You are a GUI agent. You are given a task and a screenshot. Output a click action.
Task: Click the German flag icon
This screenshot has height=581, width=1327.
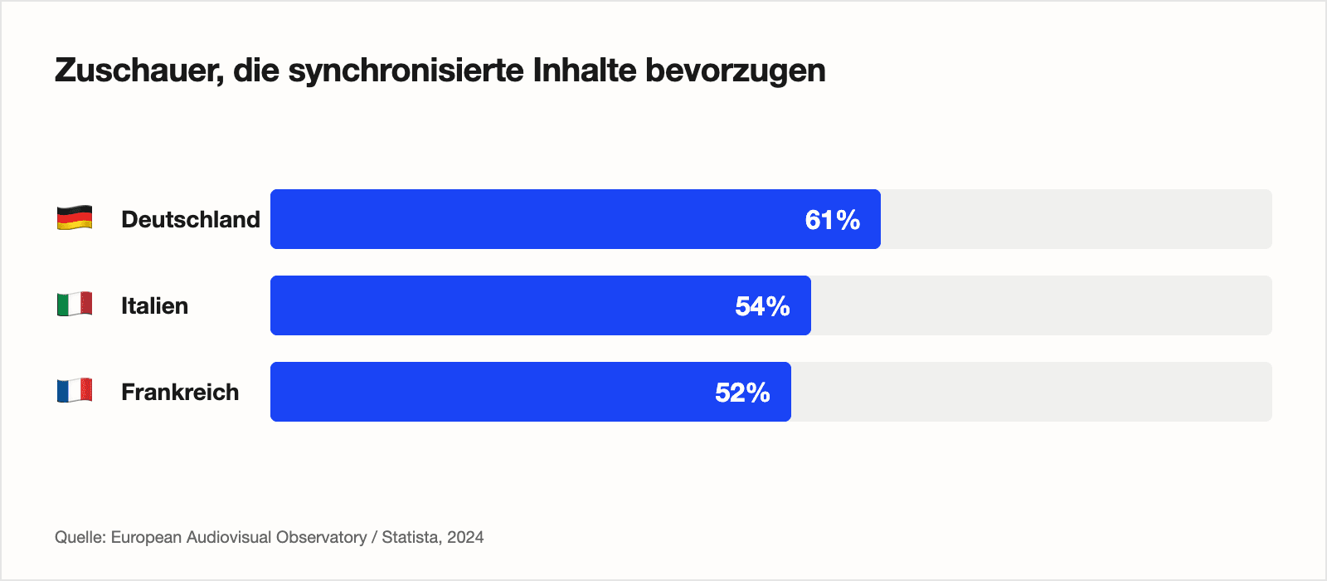(x=75, y=219)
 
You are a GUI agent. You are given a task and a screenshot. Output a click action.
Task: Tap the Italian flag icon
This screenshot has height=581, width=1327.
(x=75, y=305)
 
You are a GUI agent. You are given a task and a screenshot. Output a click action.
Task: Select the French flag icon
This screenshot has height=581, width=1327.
(x=75, y=391)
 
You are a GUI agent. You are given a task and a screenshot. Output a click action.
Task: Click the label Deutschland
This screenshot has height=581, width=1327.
(x=190, y=219)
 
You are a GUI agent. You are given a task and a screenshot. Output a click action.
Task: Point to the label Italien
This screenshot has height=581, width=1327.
(x=154, y=305)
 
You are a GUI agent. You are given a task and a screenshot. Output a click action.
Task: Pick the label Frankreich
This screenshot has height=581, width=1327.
(x=180, y=392)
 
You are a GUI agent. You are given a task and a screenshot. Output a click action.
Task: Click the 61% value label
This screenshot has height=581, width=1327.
(x=832, y=220)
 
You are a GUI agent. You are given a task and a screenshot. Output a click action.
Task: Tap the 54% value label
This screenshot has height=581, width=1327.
(x=762, y=306)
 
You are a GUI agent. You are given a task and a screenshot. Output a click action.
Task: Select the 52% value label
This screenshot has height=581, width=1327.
(x=742, y=393)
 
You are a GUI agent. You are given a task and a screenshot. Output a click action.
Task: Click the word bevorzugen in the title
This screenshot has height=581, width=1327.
(x=735, y=71)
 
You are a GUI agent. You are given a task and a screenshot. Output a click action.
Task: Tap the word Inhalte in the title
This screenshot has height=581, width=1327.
(x=586, y=71)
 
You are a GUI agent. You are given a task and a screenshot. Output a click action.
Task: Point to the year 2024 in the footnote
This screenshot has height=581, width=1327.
(x=465, y=537)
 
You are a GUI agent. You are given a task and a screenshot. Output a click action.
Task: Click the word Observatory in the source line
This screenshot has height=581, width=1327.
(x=321, y=537)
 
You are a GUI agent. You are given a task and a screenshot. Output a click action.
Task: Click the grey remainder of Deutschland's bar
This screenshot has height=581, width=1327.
(x=1076, y=219)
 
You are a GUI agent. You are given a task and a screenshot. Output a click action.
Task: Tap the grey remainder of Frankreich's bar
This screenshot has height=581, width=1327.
(x=1031, y=392)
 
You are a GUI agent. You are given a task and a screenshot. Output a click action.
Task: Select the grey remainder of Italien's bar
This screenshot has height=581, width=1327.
(x=1041, y=305)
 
